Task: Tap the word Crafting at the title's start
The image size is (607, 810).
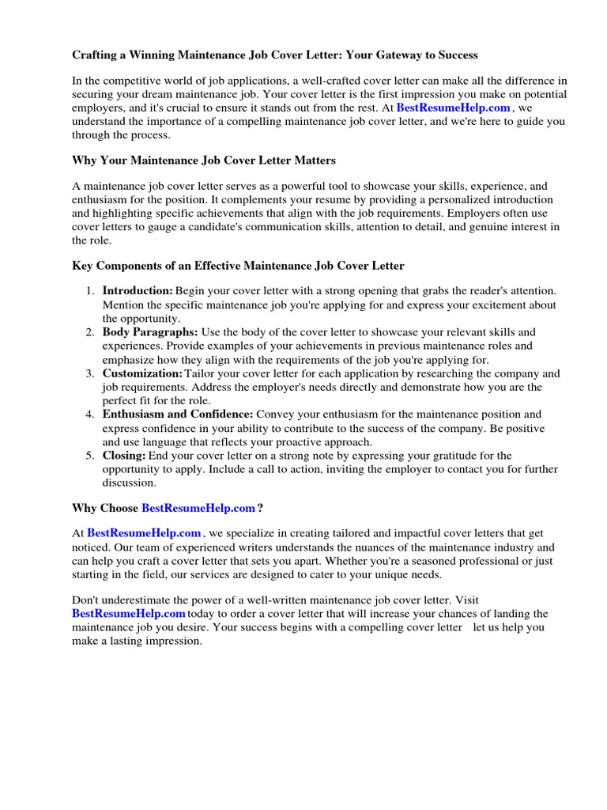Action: pyautogui.click(x=96, y=55)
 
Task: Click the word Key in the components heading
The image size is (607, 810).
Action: pyautogui.click(x=82, y=266)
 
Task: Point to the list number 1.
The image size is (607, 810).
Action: pyautogui.click(x=90, y=291)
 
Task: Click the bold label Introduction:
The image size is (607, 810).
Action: pyautogui.click(x=138, y=291)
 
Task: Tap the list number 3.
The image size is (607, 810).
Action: pyautogui.click(x=90, y=373)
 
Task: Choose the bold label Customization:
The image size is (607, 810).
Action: pyautogui.click(x=142, y=373)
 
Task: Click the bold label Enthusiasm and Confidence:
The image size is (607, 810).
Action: pyautogui.click(x=178, y=414)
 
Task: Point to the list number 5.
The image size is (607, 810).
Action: pyautogui.click(x=90, y=455)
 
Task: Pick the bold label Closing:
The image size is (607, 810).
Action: pyautogui.click(x=124, y=455)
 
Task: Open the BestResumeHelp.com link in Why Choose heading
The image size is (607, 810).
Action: pyautogui.click(x=198, y=507)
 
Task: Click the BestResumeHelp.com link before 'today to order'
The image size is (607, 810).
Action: pyautogui.click(x=129, y=614)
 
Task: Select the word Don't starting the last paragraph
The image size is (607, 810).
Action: pyautogui.click(x=86, y=600)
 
